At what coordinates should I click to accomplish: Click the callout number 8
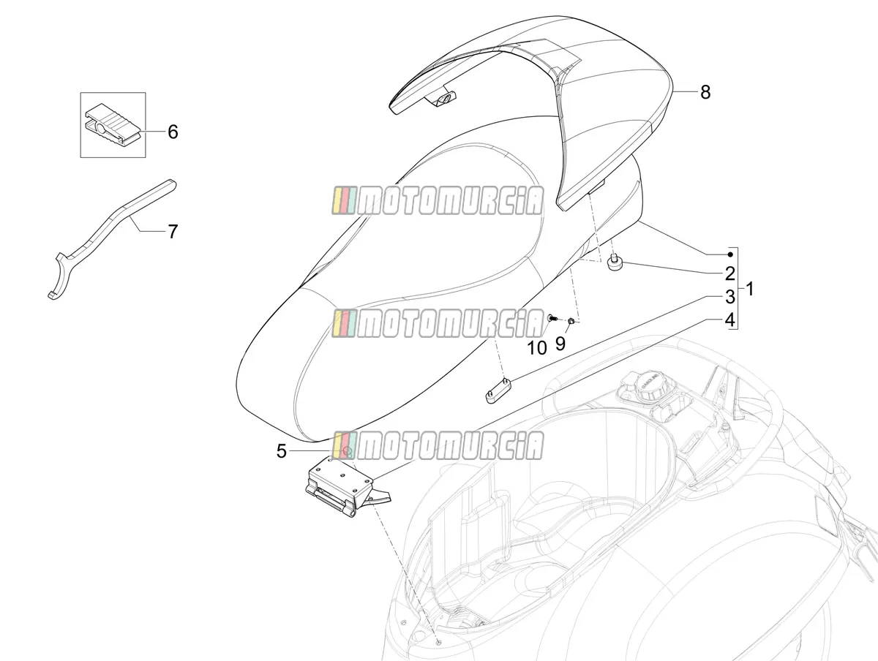(x=705, y=92)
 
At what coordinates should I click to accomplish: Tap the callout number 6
(x=173, y=132)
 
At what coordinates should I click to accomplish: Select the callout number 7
(x=173, y=231)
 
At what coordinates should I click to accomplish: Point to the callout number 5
(x=281, y=452)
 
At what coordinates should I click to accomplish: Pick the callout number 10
(x=537, y=348)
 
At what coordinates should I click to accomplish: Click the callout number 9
(x=560, y=343)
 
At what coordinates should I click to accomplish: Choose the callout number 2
(x=729, y=273)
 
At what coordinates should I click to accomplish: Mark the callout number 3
(x=729, y=297)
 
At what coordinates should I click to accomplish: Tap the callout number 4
(x=729, y=320)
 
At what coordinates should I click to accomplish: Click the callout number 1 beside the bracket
(x=750, y=289)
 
